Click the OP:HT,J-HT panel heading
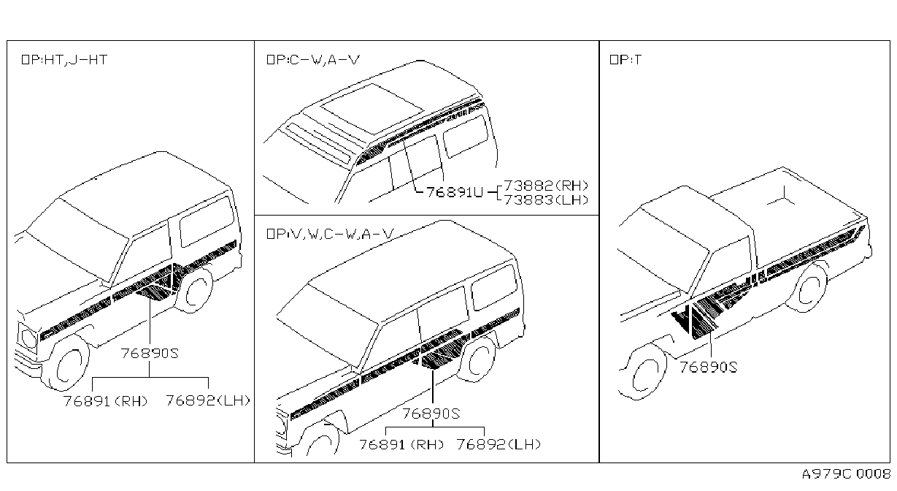pos(64,60)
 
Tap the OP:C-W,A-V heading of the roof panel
pos(313,60)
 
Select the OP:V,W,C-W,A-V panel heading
pos(330,234)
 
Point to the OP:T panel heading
pos(625,60)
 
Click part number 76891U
pos(455,192)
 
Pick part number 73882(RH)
pos(546,185)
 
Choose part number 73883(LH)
pos(546,199)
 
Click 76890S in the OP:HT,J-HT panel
pos(150,353)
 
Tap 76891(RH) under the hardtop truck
pos(105,400)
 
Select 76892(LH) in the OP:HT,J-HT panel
pos(208,400)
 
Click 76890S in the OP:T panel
pos(708,367)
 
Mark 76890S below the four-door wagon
pos(431,414)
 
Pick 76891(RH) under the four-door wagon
pos(401,444)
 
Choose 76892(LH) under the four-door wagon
pos(498,444)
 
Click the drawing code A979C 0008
pos(846,473)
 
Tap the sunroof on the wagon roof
pos(372,108)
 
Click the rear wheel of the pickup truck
pos(807,287)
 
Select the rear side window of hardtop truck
pos(207,221)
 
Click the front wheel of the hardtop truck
pos(67,365)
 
